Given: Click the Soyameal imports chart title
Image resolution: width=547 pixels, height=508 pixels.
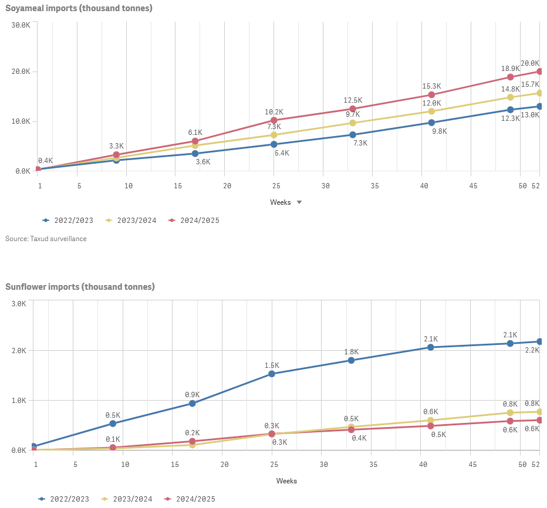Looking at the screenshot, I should click(x=79, y=8).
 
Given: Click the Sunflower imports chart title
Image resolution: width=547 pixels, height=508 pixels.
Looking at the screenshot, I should click(x=80, y=287).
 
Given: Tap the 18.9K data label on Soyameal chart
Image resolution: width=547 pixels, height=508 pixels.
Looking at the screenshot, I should click(x=510, y=68).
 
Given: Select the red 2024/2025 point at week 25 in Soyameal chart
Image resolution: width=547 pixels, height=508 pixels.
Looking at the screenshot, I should click(x=274, y=120).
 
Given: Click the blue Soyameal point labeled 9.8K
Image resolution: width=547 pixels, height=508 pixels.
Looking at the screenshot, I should click(x=431, y=123).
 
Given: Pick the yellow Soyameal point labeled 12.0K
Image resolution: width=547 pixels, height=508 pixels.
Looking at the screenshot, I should click(x=431, y=111).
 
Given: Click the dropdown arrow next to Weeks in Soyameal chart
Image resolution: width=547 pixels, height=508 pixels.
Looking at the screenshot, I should click(x=299, y=202).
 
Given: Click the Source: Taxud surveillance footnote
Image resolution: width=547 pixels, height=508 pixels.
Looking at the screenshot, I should click(x=46, y=239).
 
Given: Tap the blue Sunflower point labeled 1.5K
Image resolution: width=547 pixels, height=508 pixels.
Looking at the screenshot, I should click(x=272, y=374).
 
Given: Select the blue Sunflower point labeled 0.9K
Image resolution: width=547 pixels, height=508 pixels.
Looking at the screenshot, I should click(x=193, y=404).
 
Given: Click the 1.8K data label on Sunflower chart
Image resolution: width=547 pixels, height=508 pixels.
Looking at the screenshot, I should click(x=351, y=352).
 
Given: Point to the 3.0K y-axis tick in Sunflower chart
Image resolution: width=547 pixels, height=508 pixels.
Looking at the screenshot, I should click(x=19, y=304).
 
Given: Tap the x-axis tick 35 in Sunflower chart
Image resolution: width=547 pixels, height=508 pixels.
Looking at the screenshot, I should click(x=373, y=465).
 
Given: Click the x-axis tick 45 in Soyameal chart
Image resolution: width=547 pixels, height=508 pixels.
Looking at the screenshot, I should click(x=473, y=186).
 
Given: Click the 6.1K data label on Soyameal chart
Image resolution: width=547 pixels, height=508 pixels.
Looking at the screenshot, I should click(x=195, y=133).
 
